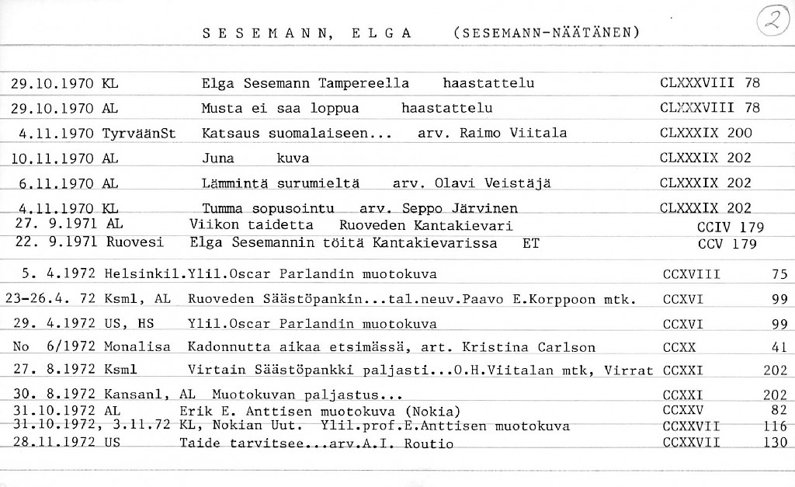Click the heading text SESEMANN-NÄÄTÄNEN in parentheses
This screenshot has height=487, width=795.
[546, 33]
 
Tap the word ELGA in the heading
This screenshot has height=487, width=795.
[380, 33]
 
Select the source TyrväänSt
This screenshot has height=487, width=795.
[139, 133]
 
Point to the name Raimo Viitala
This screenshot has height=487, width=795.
[514, 133]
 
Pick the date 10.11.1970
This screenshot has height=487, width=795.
[54, 158]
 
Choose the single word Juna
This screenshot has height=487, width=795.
[218, 158]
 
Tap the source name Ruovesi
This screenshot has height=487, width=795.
[135, 242]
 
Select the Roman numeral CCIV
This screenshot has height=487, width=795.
[712, 228]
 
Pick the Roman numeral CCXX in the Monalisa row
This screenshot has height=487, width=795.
[680, 347]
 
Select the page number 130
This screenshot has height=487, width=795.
[775, 443]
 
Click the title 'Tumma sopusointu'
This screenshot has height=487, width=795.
[268, 208]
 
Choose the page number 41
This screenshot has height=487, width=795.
[780, 347]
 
